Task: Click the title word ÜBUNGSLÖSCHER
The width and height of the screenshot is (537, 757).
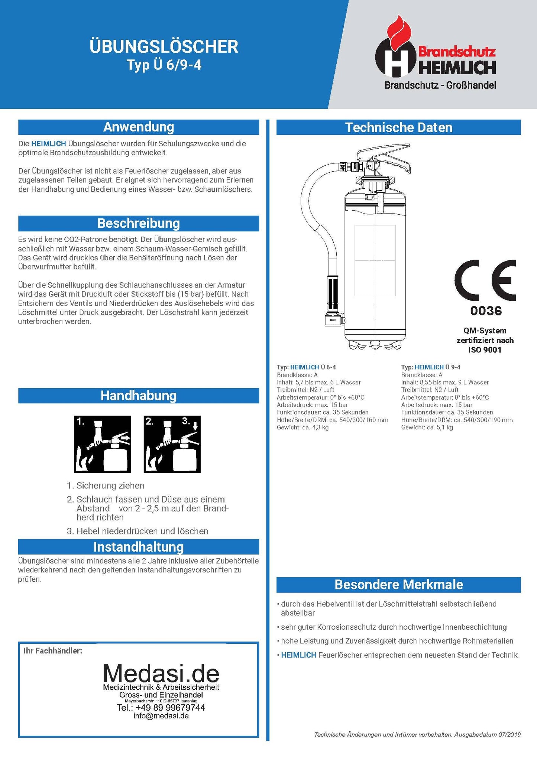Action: click(x=164, y=47)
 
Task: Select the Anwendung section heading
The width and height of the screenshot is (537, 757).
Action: click(x=139, y=127)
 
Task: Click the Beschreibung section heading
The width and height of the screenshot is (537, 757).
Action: click(x=139, y=223)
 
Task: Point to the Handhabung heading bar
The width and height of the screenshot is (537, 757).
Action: click(x=139, y=396)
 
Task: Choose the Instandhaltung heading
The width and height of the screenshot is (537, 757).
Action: click(x=139, y=547)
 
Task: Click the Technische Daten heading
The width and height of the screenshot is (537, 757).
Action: click(x=398, y=127)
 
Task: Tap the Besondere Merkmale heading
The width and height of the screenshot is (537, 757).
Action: click(x=398, y=585)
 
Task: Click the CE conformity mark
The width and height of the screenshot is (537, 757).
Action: click(x=485, y=280)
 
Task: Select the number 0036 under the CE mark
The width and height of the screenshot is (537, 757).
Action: click(x=486, y=311)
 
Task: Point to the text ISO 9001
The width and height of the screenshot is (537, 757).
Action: click(x=485, y=350)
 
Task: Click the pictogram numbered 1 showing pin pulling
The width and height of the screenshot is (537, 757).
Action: click(x=103, y=444)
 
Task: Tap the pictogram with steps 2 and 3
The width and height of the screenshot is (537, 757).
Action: click(x=172, y=444)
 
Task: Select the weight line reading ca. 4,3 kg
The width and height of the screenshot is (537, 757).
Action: click(x=303, y=428)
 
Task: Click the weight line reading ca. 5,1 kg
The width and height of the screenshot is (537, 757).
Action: click(x=427, y=428)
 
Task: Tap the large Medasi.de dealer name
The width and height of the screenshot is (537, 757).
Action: click(x=161, y=673)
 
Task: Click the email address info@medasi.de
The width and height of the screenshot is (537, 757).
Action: click(x=161, y=716)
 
